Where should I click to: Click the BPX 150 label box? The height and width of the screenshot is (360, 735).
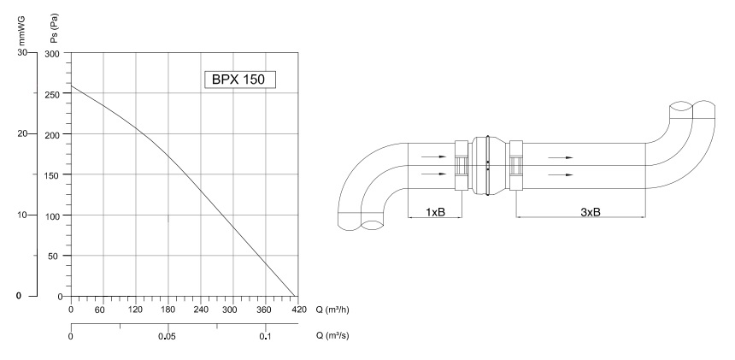(240, 80)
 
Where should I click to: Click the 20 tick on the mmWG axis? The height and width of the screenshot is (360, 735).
(22, 133)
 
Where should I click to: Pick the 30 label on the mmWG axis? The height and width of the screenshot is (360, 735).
(22, 52)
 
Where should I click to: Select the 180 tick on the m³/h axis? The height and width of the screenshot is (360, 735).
(168, 310)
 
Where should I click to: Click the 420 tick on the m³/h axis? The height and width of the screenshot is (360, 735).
(298, 310)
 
